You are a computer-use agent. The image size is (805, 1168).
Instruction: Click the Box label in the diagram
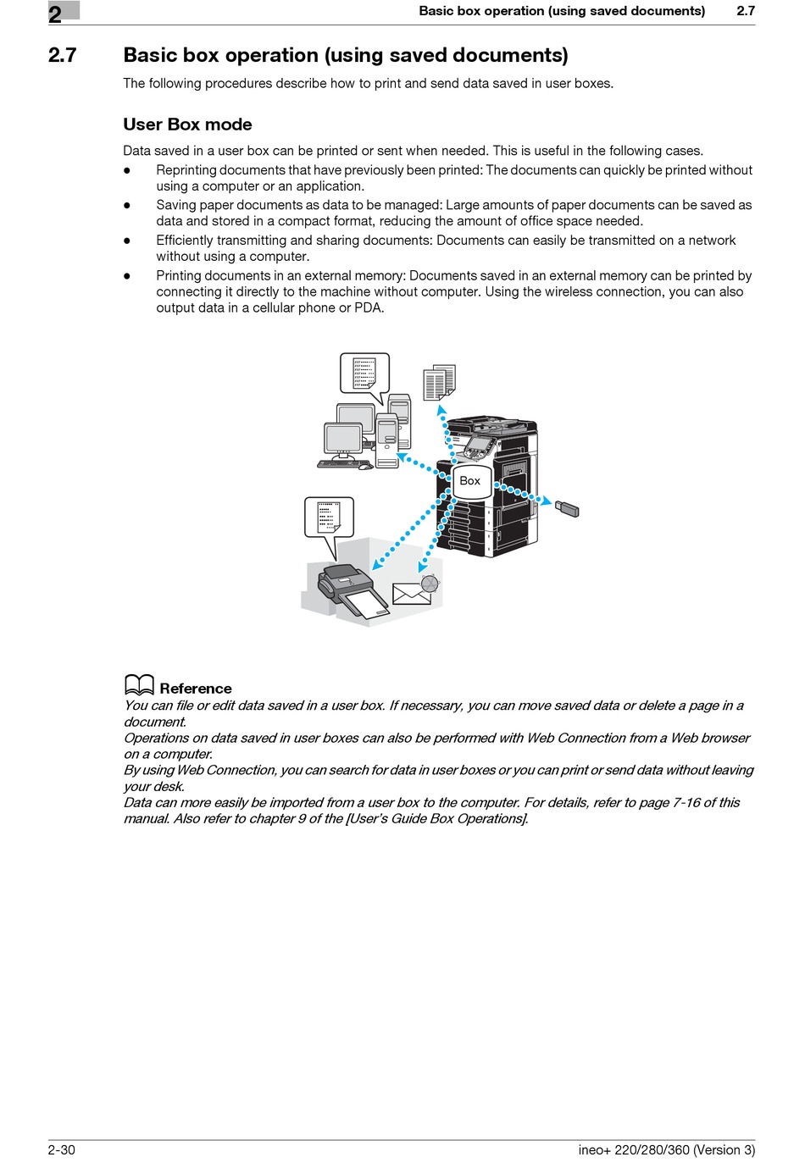(469, 480)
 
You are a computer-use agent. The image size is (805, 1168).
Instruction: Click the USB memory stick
(567, 508)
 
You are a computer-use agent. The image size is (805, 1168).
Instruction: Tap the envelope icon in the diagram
(411, 594)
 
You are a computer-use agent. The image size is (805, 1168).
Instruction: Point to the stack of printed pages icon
(438, 382)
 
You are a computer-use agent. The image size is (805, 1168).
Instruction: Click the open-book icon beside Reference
(139, 685)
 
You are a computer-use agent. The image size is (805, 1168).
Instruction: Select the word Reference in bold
(195, 689)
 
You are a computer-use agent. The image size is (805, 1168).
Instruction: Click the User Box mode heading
(187, 125)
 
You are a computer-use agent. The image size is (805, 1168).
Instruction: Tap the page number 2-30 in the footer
(62, 1149)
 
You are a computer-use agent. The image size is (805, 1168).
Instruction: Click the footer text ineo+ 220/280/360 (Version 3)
(666, 1149)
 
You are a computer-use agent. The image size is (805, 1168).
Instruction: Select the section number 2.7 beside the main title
(62, 56)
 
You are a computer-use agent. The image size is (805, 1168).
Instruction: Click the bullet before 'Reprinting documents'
(127, 170)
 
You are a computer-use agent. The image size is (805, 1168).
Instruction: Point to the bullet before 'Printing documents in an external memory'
(127, 276)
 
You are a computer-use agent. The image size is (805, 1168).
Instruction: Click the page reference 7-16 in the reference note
(686, 802)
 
